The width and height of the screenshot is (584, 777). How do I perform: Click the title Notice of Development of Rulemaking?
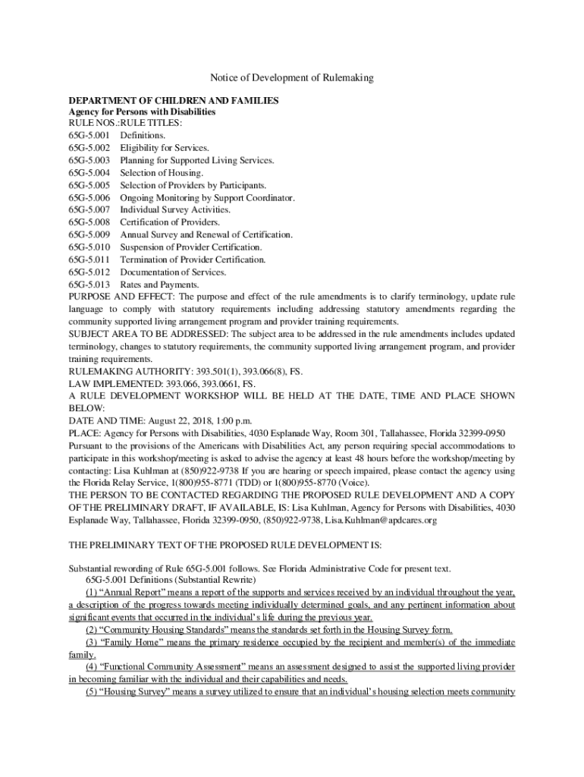pyautogui.click(x=291, y=78)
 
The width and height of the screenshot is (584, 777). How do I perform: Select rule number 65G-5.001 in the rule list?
pyautogui.click(x=89, y=136)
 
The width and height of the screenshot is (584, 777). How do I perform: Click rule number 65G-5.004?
pyautogui.click(x=89, y=173)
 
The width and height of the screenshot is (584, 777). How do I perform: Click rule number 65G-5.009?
pyautogui.click(x=89, y=235)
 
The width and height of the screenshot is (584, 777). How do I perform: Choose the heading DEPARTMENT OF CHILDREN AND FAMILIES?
pyautogui.click(x=174, y=99)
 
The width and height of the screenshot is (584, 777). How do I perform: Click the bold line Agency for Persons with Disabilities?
pyautogui.click(x=142, y=111)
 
